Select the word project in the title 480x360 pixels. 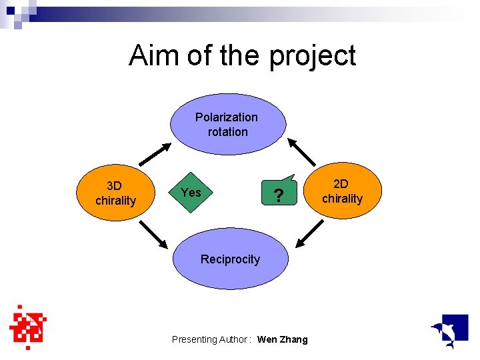(313, 57)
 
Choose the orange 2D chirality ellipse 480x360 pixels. (342, 191)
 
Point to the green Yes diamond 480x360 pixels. (191, 193)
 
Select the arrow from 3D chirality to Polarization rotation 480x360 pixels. (154, 153)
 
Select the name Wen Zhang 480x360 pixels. (282, 339)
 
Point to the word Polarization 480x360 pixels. (227, 117)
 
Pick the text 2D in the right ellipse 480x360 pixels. (341, 183)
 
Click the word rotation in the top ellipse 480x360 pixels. (227, 132)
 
